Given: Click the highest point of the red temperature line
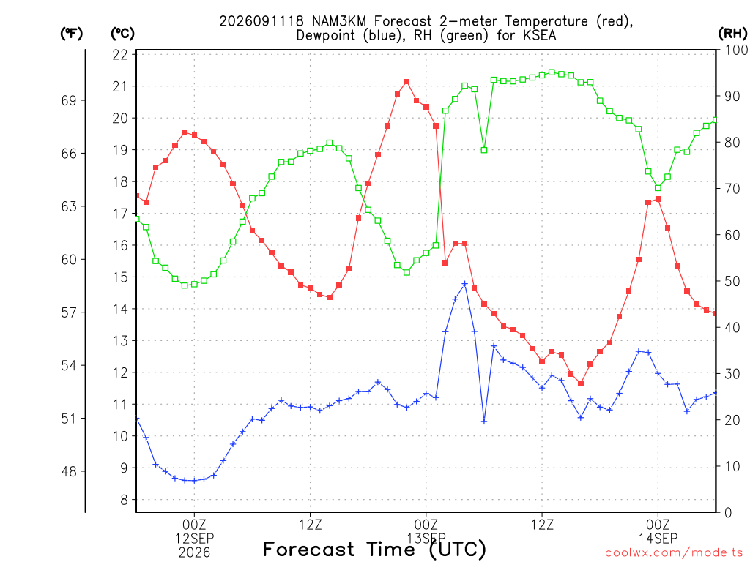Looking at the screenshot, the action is tap(406, 82).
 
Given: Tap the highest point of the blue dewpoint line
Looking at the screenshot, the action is tap(464, 284).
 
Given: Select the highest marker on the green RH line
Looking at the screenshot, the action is tap(552, 72).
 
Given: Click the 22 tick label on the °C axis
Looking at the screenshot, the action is tap(121, 55).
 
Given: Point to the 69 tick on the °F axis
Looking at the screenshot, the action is tap(69, 100).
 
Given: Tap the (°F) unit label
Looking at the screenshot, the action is tap(71, 34).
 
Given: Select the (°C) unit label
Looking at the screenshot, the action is tap(122, 34).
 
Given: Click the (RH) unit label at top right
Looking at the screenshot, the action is tap(732, 34).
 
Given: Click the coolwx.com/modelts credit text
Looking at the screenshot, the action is tap(674, 553).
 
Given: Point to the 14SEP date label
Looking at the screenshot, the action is tap(658, 539).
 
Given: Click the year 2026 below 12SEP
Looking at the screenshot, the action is tap(194, 553).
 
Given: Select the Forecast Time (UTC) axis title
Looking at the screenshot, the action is tap(374, 550).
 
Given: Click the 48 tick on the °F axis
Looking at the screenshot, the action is tap(69, 472).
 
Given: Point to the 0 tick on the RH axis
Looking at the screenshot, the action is tap(728, 513).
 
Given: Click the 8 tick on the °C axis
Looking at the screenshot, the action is tap(124, 500).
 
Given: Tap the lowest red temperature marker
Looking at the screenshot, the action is tap(581, 383).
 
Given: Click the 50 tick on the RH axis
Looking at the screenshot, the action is tap(732, 282).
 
